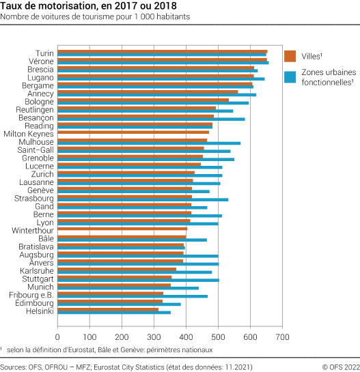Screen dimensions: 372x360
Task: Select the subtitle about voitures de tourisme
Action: [x=96, y=17]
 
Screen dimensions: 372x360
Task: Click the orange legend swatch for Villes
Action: [x=290, y=56]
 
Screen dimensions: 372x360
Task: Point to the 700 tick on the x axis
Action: [x=283, y=337]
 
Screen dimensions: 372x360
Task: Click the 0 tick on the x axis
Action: [x=57, y=337]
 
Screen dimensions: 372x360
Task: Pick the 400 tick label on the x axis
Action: [x=186, y=337]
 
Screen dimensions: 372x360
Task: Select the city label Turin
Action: [x=45, y=53]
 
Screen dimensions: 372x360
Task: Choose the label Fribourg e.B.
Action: [x=32, y=295]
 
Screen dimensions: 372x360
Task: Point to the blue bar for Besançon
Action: [x=151, y=119]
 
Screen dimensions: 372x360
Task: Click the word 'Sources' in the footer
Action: [x=15, y=367]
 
